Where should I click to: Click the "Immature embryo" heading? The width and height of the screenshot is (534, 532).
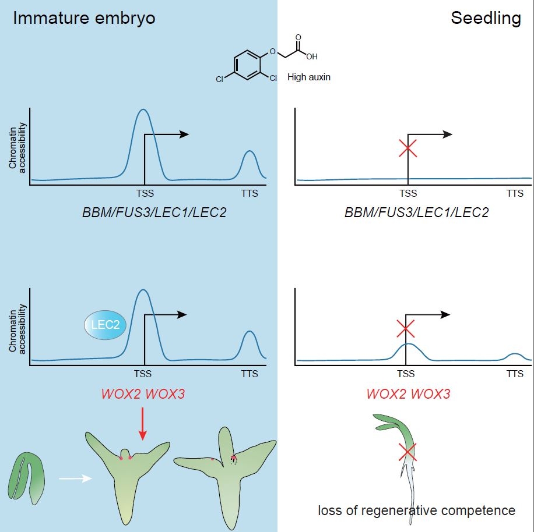[84, 18]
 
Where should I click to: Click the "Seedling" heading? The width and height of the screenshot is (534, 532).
[486, 18]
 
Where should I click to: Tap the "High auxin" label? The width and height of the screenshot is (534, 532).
[309, 76]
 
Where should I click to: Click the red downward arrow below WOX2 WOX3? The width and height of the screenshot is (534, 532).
[143, 431]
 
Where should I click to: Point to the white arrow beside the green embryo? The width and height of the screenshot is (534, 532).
[74, 479]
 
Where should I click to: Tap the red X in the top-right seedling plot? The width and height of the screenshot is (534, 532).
[407, 148]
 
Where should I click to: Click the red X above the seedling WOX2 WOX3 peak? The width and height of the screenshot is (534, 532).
[406, 329]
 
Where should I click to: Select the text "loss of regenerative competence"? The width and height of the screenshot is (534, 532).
[416, 510]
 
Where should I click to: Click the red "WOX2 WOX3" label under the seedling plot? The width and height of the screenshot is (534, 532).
[408, 393]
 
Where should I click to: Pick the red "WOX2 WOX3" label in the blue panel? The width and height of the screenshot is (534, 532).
[143, 393]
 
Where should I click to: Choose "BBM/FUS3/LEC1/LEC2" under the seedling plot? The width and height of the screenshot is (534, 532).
[416, 212]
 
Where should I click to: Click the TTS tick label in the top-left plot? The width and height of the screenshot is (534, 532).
[250, 193]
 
